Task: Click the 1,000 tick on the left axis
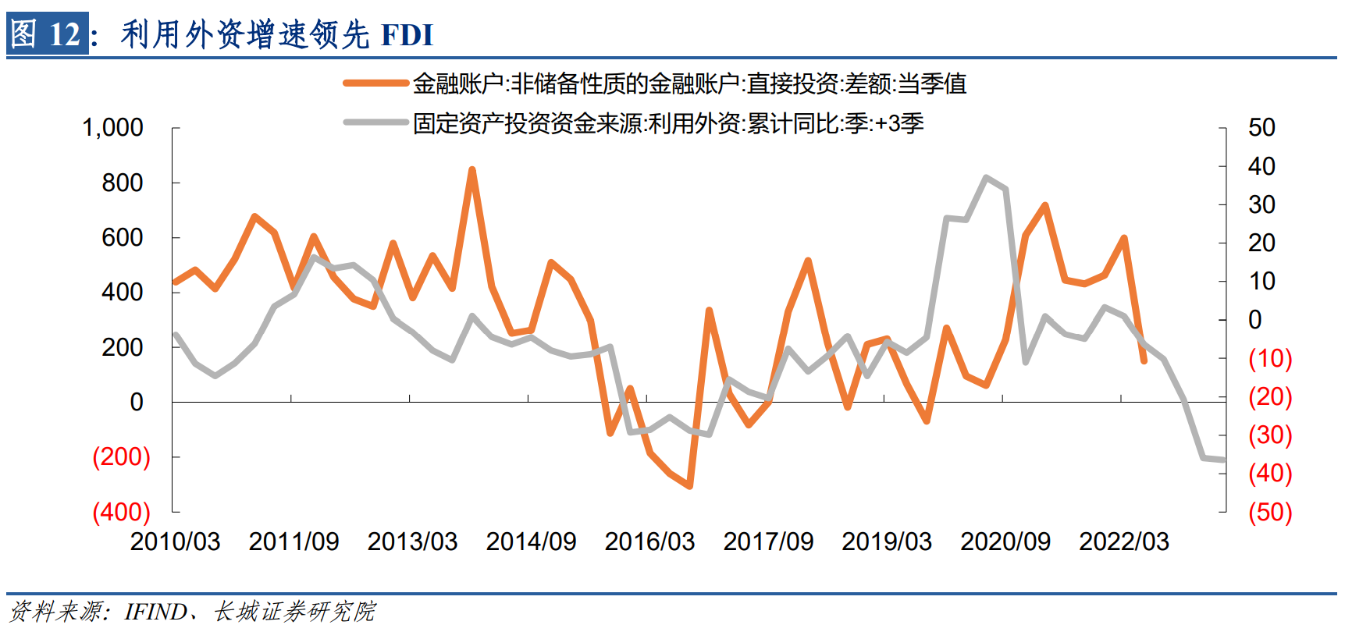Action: [112, 127]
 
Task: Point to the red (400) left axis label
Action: [121, 512]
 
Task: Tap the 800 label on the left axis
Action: [122, 183]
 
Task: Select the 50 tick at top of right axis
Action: [1261, 127]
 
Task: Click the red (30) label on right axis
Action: [1270, 435]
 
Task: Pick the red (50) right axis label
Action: [1270, 512]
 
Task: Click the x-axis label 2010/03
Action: [175, 541]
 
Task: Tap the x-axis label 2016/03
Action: [649, 541]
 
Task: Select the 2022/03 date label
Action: [1124, 541]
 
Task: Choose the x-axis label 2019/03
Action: [887, 541]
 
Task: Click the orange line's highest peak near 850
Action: [472, 169]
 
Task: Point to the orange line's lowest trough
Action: [690, 486]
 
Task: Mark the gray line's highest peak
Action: [987, 178]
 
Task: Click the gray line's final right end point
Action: [1223, 460]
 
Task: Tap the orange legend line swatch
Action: [376, 83]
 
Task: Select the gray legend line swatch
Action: [376, 122]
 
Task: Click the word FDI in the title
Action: [407, 35]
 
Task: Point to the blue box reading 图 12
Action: [47, 34]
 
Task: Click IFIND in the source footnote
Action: [155, 611]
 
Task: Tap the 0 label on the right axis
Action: [1254, 319]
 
